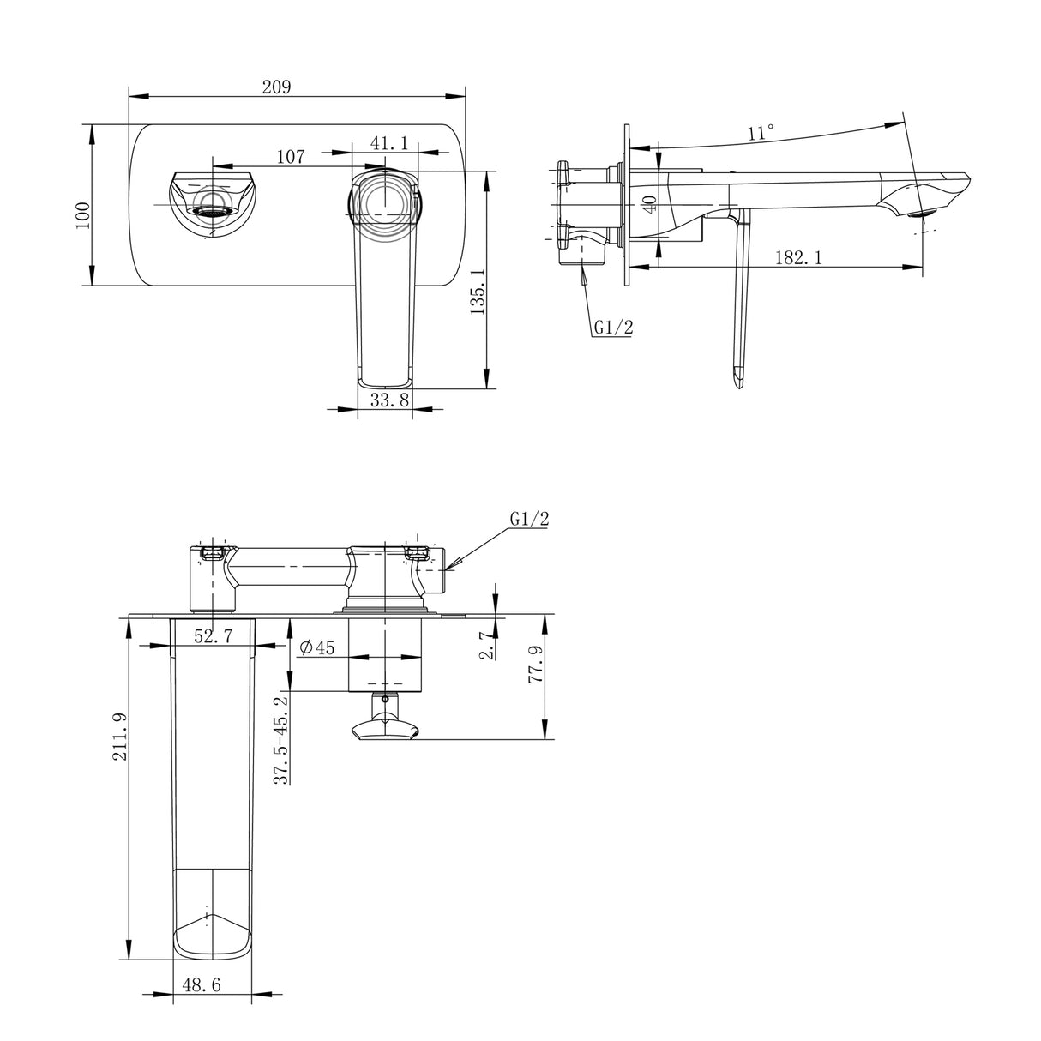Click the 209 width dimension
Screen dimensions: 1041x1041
click(x=276, y=87)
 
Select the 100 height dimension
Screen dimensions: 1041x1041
click(x=81, y=213)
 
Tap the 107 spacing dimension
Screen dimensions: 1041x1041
click(x=291, y=157)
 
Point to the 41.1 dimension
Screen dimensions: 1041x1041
click(x=388, y=143)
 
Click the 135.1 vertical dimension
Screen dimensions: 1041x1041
click(x=479, y=291)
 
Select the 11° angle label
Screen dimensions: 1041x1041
click(x=760, y=133)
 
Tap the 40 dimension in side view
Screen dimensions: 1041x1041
click(x=649, y=204)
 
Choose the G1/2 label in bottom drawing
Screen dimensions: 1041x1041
click(x=528, y=519)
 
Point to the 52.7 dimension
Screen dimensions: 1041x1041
click(x=214, y=635)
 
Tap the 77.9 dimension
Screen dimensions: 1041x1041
click(x=537, y=665)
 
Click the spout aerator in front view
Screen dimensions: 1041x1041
click(x=211, y=205)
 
